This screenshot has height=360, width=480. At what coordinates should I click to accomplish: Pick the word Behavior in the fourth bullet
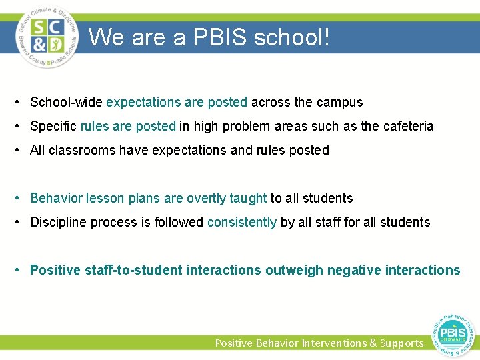(x=54, y=199)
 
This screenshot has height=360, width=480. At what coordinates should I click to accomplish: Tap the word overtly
(x=206, y=199)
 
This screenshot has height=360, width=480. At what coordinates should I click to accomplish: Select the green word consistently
(x=242, y=223)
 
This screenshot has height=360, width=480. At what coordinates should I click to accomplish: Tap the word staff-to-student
(x=133, y=271)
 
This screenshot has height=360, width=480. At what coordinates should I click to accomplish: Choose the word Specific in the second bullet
(x=53, y=127)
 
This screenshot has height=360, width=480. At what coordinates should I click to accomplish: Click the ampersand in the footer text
(x=372, y=343)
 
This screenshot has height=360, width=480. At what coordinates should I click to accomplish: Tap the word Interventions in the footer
(x=334, y=343)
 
